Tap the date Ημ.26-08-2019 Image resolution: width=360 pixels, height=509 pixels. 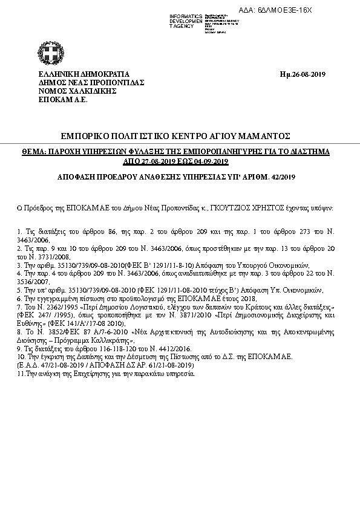[x=303, y=74]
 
